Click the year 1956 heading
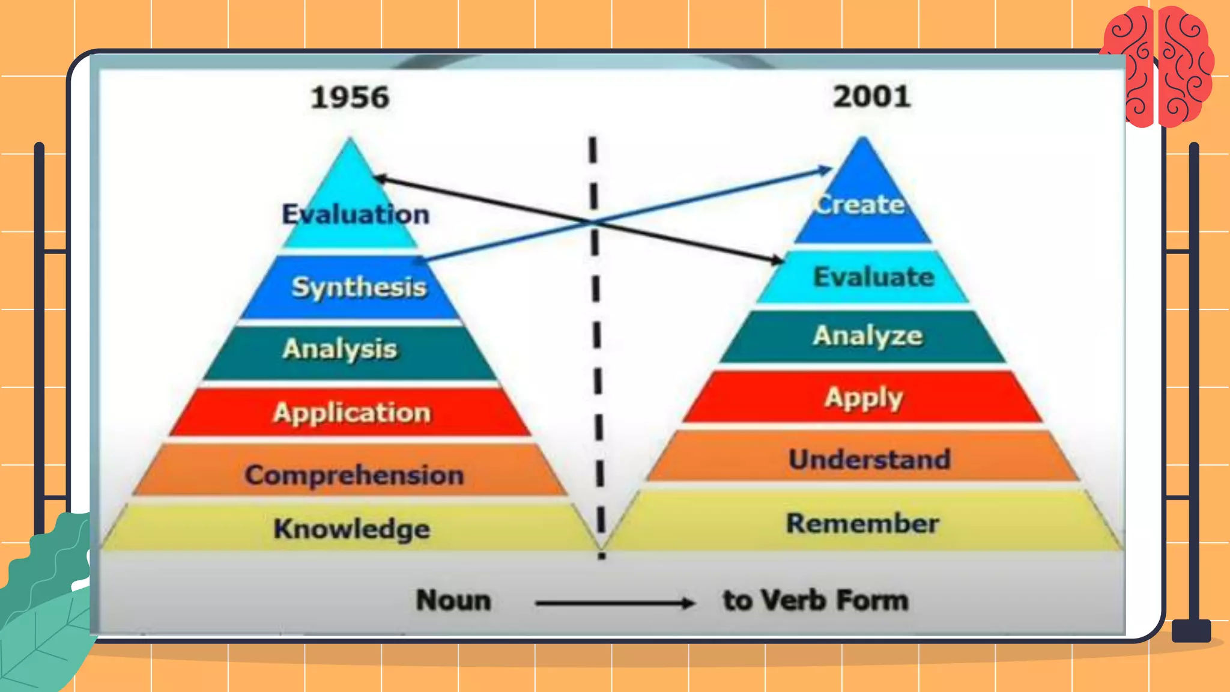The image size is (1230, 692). (350, 97)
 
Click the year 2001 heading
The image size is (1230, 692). (871, 97)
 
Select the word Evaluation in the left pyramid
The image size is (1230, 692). (356, 214)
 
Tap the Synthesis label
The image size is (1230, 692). (359, 287)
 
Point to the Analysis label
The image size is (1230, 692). (340, 349)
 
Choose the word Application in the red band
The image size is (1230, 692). (352, 413)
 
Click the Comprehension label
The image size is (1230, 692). (354, 475)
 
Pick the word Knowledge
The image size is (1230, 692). (352, 529)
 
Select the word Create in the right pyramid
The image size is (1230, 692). (860, 205)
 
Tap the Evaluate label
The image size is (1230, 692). (874, 277)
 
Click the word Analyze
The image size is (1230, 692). (868, 336)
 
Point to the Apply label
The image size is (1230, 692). (864, 398)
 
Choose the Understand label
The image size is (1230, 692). (870, 460)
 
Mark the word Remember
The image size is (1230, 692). (863, 523)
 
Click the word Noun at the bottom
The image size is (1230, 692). (453, 600)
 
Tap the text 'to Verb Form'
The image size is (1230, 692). (816, 600)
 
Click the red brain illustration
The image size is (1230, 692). (1159, 66)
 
